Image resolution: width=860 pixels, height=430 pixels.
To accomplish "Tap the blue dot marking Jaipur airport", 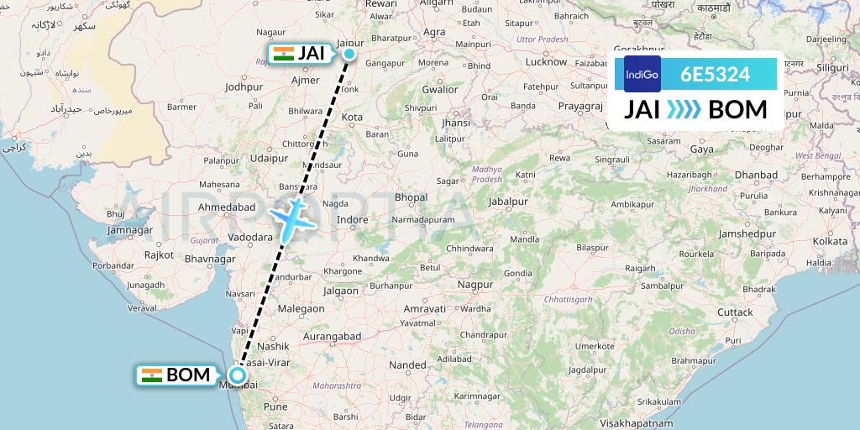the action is click(349, 55).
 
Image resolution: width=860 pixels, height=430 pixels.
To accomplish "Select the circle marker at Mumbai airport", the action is click(238, 375).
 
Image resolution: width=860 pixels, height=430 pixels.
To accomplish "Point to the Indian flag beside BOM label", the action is click(152, 375).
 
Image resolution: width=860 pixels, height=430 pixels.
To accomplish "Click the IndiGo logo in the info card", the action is click(642, 74).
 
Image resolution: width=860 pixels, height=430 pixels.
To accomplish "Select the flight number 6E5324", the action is click(716, 74).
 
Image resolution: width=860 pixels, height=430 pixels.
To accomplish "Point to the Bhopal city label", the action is click(411, 197).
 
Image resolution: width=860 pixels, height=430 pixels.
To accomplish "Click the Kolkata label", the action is click(829, 241).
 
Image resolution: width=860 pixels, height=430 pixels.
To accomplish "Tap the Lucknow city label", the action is click(545, 61).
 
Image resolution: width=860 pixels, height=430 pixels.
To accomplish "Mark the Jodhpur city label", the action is click(244, 87).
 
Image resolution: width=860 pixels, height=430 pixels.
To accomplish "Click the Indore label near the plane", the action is click(352, 220).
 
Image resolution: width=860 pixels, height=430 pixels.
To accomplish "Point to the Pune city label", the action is click(275, 406).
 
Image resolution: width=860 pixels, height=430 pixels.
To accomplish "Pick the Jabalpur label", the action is click(511, 202).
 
